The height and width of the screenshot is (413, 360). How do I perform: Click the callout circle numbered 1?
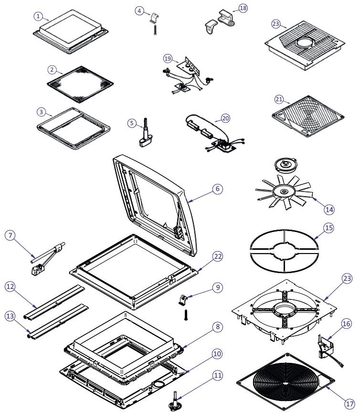pyautogui.click(x=39, y=16)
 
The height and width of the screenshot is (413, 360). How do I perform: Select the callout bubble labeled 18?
pyautogui.click(x=243, y=9)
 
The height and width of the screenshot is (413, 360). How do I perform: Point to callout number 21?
pyautogui.click(x=280, y=99)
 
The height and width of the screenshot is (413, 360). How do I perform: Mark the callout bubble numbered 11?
pyautogui.click(x=218, y=375)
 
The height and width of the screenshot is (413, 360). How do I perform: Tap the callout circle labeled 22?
pyautogui.click(x=218, y=256)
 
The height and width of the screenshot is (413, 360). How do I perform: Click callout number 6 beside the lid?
pyautogui.click(x=217, y=189)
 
